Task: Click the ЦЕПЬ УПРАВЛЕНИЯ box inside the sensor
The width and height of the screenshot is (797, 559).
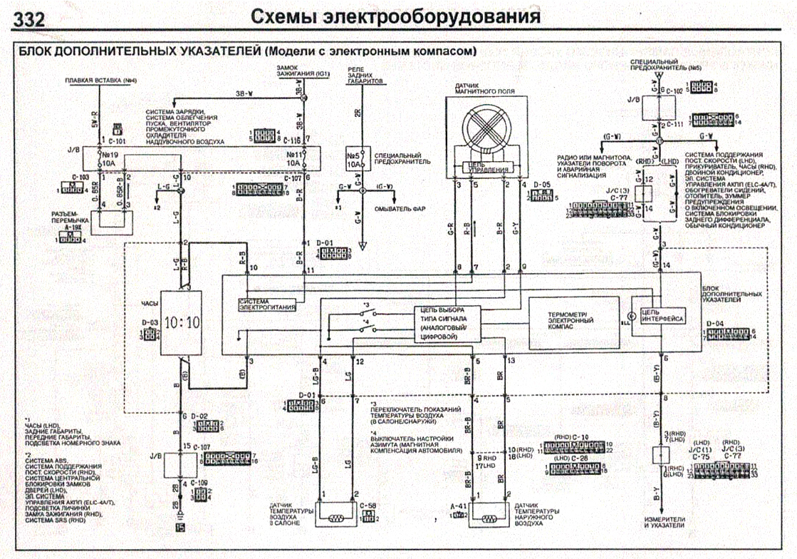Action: coord(486,169)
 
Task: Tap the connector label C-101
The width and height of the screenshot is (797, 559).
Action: coord(119,141)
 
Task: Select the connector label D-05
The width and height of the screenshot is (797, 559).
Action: coord(542,185)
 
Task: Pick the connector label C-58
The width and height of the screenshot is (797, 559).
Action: coord(368,506)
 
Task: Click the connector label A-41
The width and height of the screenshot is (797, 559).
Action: coord(458,506)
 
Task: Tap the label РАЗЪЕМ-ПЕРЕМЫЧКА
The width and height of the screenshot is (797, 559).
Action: coord(69,216)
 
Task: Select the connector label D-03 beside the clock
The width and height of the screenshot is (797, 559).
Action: coord(150,322)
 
